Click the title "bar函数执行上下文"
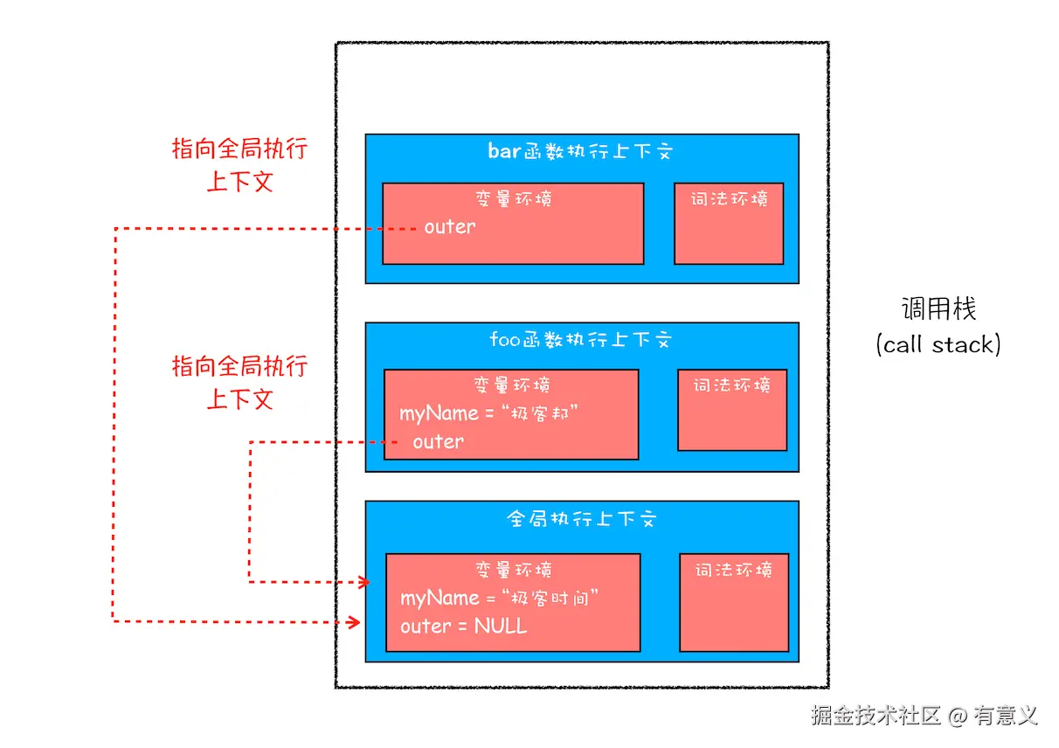pyautogui.click(x=580, y=151)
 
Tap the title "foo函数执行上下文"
pyautogui.click(x=580, y=339)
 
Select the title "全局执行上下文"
pyautogui.click(x=580, y=519)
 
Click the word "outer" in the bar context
pyautogui.click(x=450, y=227)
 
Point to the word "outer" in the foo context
pyautogui.click(x=438, y=442)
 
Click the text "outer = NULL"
pyautogui.click(x=463, y=627)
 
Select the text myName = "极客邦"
pyautogui.click(x=489, y=413)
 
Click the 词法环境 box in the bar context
pyautogui.click(x=729, y=224)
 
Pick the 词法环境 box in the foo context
pyautogui.click(x=732, y=410)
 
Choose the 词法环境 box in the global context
pyautogui.click(x=734, y=602)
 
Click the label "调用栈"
pyautogui.click(x=938, y=308)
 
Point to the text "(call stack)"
pyautogui.click(x=938, y=344)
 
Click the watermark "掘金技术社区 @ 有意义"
pyautogui.click(x=924, y=716)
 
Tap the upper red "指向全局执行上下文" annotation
pyautogui.click(x=239, y=165)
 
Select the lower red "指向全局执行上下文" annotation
pyautogui.click(x=239, y=383)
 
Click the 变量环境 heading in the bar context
pyautogui.click(x=513, y=199)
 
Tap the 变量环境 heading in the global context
pyautogui.click(x=513, y=571)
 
